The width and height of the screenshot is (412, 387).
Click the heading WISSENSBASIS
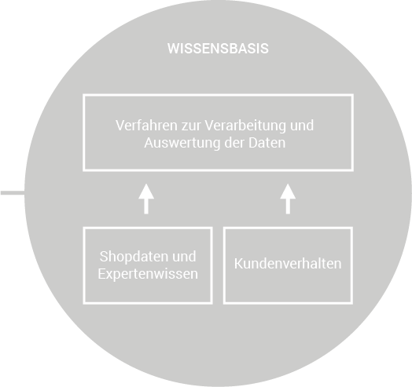click(218, 49)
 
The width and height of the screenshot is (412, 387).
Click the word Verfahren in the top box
click(146, 125)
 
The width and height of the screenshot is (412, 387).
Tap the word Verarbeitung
click(245, 126)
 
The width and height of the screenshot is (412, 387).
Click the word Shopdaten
click(134, 257)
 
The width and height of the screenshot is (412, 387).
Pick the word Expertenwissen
click(148, 274)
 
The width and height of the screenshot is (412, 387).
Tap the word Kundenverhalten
click(288, 264)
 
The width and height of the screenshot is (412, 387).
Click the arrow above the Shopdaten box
click(146, 199)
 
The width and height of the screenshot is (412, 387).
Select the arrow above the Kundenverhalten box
click(288, 199)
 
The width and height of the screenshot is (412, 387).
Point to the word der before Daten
click(234, 143)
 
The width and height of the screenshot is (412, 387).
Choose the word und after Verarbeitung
click(302, 125)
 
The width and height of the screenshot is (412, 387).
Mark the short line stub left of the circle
click(13, 193)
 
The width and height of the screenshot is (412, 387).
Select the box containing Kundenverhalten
click(288, 228)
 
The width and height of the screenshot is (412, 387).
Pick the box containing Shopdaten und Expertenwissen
click(148, 228)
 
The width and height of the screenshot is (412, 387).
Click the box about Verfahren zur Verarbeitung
click(218, 95)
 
